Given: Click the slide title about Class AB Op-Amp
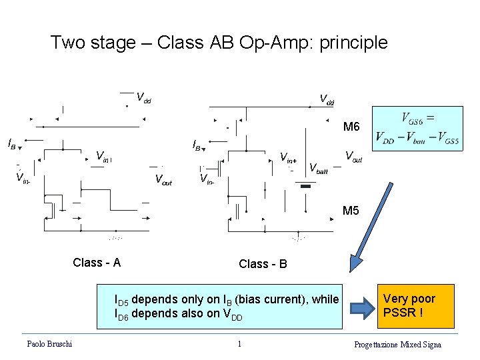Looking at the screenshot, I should (x=219, y=43).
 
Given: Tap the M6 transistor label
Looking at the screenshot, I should (x=351, y=127).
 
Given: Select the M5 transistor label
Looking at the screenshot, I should (x=351, y=211).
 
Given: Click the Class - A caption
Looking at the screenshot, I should (x=97, y=263).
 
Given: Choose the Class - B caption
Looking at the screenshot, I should (x=263, y=264).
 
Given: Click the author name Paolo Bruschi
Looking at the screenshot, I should (x=49, y=343).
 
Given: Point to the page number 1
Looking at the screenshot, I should (x=239, y=344).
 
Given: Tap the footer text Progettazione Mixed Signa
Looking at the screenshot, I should (x=397, y=344).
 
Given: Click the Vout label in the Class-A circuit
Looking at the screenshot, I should (x=163, y=179).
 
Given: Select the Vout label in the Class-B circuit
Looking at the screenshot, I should (x=353, y=157).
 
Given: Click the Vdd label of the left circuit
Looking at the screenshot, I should (x=143, y=98).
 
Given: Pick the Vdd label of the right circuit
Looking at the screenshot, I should (x=327, y=101).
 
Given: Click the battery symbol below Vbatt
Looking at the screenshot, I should (x=306, y=187).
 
